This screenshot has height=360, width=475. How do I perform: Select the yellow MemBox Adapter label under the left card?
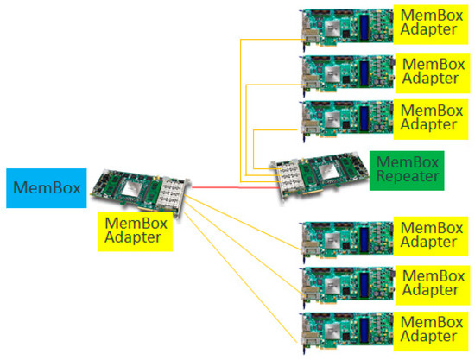[134, 231]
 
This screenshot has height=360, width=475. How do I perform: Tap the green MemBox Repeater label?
[407, 171]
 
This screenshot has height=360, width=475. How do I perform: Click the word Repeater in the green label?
[407, 180]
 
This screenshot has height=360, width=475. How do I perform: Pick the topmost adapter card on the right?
[345, 25]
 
